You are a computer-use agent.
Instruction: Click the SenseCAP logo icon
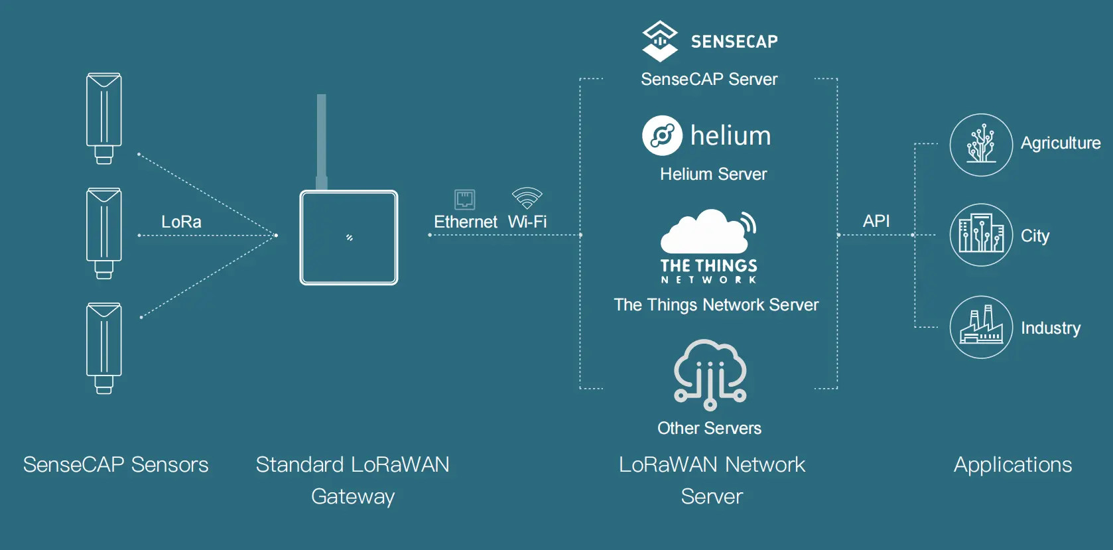660,41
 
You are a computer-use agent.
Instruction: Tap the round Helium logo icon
662,135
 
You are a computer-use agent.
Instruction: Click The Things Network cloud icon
708,232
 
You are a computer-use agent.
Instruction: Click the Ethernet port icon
464,199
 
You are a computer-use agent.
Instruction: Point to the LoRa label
181,222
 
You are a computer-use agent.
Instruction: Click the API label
876,221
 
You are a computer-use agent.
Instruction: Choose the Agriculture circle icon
981,145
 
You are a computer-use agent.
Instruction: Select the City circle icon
981,235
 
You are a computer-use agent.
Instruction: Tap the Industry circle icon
981,327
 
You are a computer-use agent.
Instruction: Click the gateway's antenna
322,142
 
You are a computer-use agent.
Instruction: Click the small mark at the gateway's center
350,238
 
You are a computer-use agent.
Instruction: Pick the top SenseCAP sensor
104,118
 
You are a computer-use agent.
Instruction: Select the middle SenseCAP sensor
104,233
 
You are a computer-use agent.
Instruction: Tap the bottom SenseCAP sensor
104,348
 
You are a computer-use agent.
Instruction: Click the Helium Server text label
714,174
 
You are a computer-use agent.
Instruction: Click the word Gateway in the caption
353,497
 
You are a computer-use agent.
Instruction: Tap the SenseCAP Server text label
709,80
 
